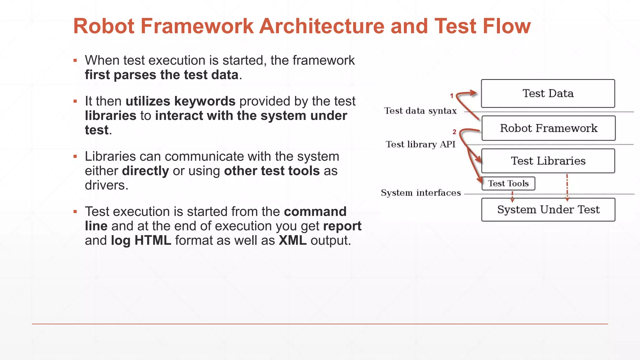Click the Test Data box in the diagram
pos(548,93)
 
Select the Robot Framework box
pos(548,128)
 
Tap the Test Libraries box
pos(548,161)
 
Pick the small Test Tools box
pos(508,183)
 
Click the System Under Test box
pos(548,209)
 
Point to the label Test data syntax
pos(420,111)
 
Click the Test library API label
pos(420,144)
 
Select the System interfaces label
pos(421,193)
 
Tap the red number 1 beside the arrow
pos(452,96)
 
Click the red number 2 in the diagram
pos(454,132)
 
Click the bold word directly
pos(145,171)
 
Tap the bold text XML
pos(292,241)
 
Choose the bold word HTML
pos(153,241)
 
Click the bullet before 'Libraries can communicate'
pos(75,157)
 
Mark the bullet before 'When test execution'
pos(75,61)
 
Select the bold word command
pos(315,212)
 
